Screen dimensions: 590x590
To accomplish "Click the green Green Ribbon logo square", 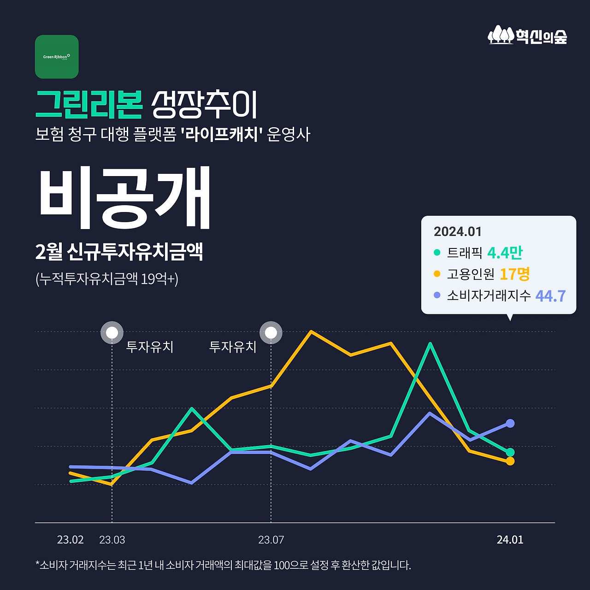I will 57,57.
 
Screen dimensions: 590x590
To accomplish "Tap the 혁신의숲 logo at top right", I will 527,35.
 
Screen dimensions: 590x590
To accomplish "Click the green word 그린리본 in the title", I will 89,105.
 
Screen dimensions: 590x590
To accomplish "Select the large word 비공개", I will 124,198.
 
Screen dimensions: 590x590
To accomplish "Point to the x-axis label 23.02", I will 70,540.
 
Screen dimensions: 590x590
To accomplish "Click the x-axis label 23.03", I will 112,540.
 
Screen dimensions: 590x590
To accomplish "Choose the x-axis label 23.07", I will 271,540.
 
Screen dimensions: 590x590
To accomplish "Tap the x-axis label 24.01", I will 510,540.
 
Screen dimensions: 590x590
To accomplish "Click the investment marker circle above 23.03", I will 112,332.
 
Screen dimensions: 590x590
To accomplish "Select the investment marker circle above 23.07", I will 271,332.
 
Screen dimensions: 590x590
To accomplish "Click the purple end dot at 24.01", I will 510,423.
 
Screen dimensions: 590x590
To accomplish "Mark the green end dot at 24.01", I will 510,452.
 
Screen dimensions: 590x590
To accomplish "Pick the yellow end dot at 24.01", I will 510,461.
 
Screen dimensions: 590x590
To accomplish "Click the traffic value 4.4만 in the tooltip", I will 505,253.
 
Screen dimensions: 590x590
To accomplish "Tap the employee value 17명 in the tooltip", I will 514,274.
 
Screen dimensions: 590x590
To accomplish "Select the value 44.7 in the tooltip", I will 550,296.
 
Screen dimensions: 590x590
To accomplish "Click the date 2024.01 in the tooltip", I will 457,231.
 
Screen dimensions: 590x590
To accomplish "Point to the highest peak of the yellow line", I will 312,331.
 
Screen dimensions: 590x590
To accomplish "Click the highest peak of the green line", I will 430,344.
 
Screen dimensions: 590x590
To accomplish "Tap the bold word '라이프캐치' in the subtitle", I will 222,135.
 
